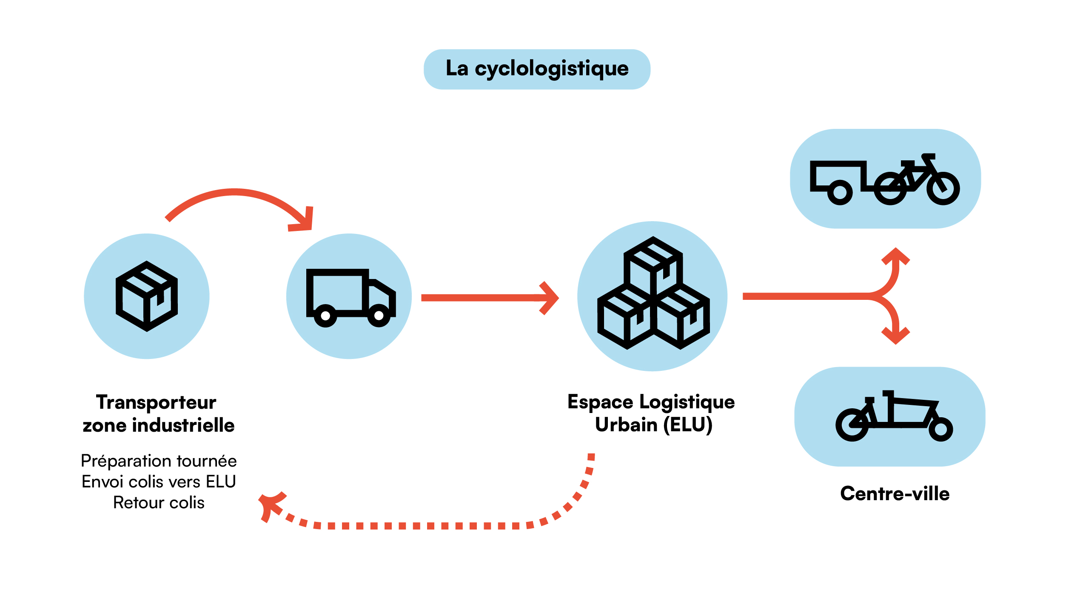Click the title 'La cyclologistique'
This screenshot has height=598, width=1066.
(x=537, y=69)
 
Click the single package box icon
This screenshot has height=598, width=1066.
(x=147, y=296)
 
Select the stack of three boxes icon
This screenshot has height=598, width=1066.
(x=653, y=293)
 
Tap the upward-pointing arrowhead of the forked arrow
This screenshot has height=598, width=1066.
(x=895, y=255)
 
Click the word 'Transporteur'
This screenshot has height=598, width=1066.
(x=156, y=402)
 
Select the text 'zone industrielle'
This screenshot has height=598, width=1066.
(x=159, y=425)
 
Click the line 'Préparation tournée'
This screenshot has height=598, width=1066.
(x=159, y=461)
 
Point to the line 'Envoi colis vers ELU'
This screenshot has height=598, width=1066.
(x=159, y=482)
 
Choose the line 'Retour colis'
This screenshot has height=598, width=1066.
(x=159, y=503)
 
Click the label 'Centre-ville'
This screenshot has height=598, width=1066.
(x=895, y=494)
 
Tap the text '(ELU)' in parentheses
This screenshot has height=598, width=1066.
(x=688, y=424)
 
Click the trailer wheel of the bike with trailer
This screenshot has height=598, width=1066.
(x=840, y=192)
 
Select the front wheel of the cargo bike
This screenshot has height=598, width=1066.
(x=941, y=429)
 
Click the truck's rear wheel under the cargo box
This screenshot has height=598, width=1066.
(x=325, y=316)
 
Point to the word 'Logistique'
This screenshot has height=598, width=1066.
(x=687, y=402)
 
